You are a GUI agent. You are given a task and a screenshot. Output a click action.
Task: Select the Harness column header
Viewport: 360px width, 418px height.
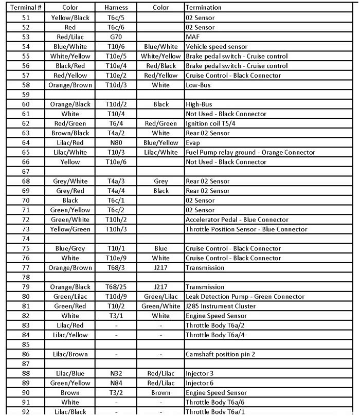116,8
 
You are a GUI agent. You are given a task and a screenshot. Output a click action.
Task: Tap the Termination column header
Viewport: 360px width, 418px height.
204,8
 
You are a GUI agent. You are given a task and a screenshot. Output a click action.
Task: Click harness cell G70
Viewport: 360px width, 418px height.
116,37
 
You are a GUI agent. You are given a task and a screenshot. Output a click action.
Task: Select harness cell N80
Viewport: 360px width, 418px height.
116,143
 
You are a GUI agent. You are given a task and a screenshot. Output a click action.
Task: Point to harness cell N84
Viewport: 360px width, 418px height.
116,383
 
